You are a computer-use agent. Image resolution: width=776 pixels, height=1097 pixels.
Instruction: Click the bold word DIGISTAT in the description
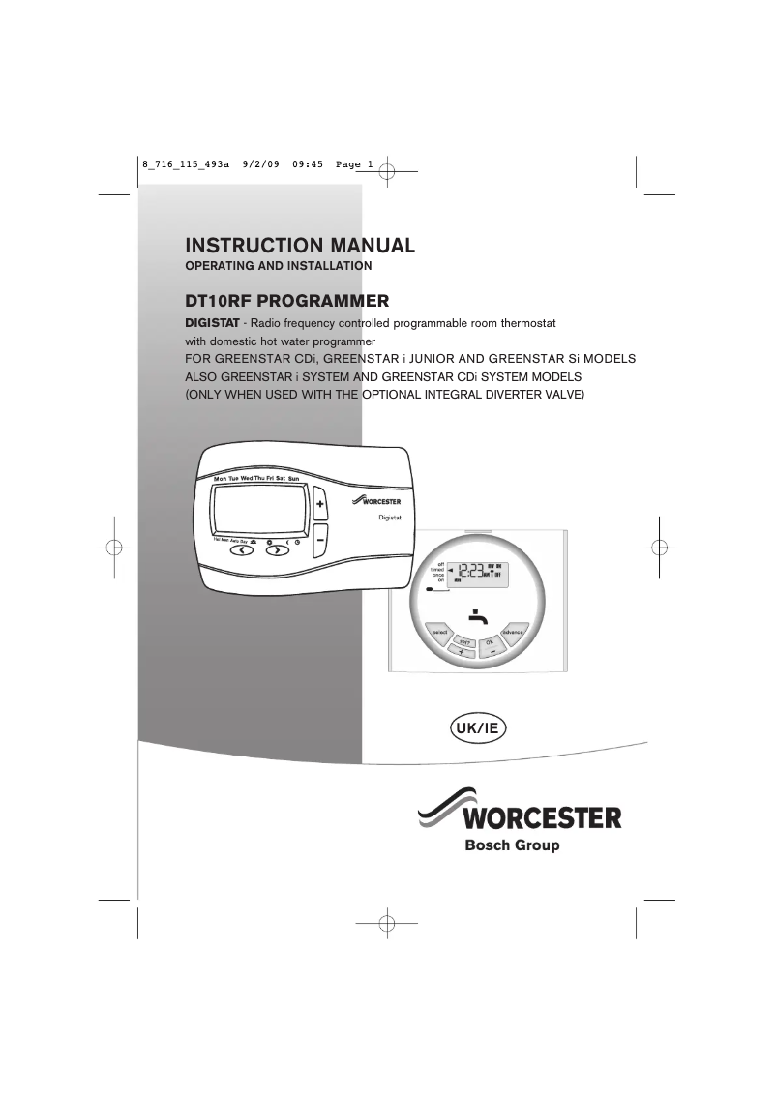(212, 322)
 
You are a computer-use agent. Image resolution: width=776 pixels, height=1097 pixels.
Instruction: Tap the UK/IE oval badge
(476, 726)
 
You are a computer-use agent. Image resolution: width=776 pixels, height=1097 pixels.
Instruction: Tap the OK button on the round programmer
(491, 641)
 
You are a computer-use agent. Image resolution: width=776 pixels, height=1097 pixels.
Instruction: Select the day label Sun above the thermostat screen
(294, 478)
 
